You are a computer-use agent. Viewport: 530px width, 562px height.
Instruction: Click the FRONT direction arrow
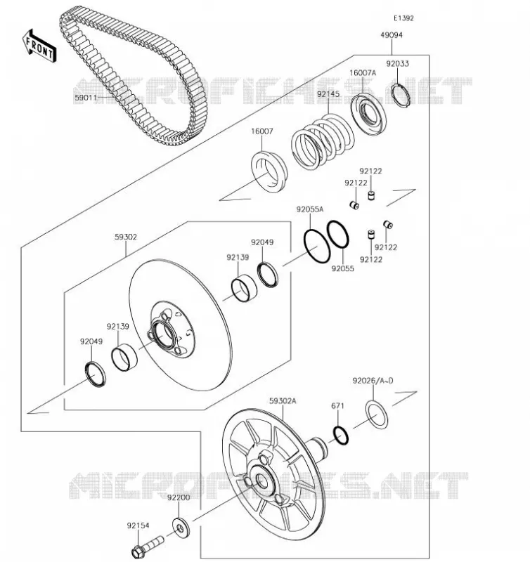(x=39, y=46)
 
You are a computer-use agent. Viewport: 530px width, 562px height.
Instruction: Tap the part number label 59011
(x=86, y=98)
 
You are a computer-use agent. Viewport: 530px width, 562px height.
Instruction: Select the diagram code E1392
(x=403, y=18)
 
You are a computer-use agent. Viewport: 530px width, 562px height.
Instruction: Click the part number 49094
(x=392, y=35)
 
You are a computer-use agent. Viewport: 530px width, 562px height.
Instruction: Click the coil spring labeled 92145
(x=323, y=143)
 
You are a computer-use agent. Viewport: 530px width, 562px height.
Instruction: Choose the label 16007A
(x=363, y=73)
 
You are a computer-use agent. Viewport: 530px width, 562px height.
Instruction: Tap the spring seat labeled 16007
(x=269, y=172)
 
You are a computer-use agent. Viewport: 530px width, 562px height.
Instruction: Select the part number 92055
(x=342, y=268)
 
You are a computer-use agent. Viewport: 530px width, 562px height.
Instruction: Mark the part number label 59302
(x=126, y=237)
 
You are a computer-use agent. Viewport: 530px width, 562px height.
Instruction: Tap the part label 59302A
(x=283, y=400)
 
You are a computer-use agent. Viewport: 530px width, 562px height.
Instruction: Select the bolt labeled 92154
(x=147, y=546)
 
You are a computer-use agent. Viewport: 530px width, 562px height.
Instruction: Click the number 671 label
(x=337, y=406)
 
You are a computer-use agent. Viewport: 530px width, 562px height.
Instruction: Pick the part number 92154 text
(x=138, y=525)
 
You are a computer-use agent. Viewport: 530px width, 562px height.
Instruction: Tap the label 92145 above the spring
(x=328, y=94)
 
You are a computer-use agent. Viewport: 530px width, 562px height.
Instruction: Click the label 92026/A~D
(x=373, y=381)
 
